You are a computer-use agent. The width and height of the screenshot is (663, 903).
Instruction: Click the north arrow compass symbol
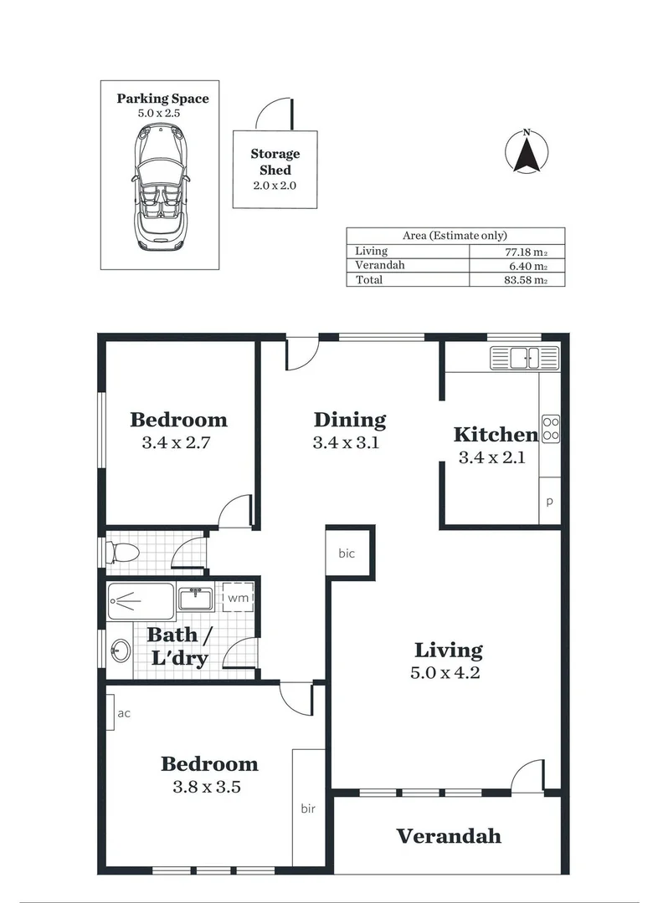[527, 153]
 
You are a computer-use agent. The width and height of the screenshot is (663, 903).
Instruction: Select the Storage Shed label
[275, 162]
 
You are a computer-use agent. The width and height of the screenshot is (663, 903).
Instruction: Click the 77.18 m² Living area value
[521, 251]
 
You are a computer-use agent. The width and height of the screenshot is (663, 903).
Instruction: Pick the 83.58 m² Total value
[521, 280]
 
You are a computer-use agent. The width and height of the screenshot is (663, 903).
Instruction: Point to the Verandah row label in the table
[380, 265]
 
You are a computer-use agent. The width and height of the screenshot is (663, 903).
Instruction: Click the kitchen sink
[524, 358]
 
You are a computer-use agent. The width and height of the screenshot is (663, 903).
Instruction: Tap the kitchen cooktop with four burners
[551, 428]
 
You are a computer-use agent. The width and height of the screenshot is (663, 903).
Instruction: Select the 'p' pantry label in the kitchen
[550, 503]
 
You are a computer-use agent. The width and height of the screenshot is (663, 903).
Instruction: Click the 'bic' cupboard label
[347, 554]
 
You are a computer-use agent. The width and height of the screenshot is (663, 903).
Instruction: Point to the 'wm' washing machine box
[238, 598]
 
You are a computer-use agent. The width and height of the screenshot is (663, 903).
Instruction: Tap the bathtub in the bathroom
[141, 599]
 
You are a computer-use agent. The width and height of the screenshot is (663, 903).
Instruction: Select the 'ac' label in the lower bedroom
[124, 713]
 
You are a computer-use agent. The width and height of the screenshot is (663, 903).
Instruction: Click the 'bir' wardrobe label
[308, 809]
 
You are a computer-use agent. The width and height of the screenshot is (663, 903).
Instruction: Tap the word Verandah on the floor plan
[449, 835]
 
